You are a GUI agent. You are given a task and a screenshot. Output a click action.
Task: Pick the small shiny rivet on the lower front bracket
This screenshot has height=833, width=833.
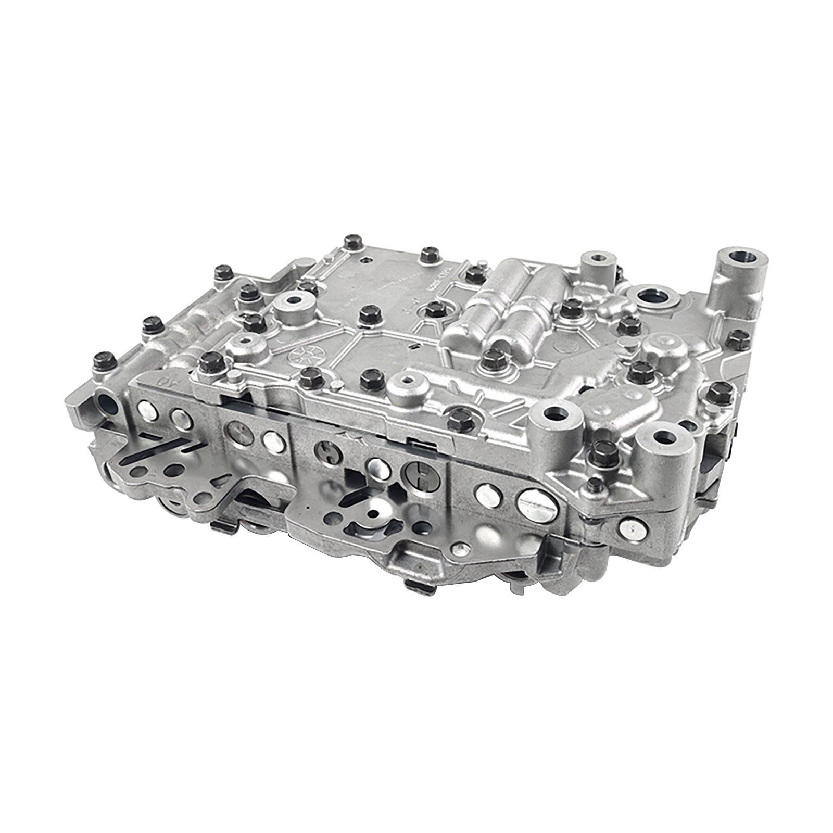[459, 547]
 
